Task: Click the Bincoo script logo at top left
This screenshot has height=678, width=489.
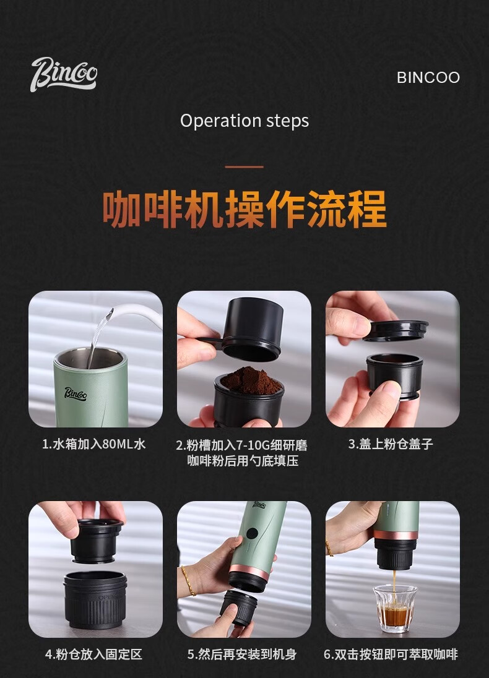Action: pos(64,74)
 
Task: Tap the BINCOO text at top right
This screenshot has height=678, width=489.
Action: pos(428,77)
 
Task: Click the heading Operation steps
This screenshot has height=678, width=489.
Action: pos(244,121)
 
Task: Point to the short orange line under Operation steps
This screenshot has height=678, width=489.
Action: pos(244,166)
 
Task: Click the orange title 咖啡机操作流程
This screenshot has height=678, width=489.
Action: pos(244,209)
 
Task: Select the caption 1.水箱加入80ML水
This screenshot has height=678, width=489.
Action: pos(94,444)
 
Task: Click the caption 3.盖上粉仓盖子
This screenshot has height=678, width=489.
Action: pos(391,444)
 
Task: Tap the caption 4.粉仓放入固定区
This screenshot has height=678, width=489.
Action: pos(94,654)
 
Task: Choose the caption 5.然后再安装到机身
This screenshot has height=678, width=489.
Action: pos(243,654)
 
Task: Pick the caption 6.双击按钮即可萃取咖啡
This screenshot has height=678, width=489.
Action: pos(391,654)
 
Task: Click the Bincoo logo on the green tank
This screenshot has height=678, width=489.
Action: pos(76,393)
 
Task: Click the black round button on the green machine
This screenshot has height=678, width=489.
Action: pos(252,534)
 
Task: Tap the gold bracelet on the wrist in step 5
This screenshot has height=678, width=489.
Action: pos(188,580)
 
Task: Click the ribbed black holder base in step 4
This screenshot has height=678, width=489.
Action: pos(95,599)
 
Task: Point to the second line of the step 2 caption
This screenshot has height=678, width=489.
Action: pos(243,461)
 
